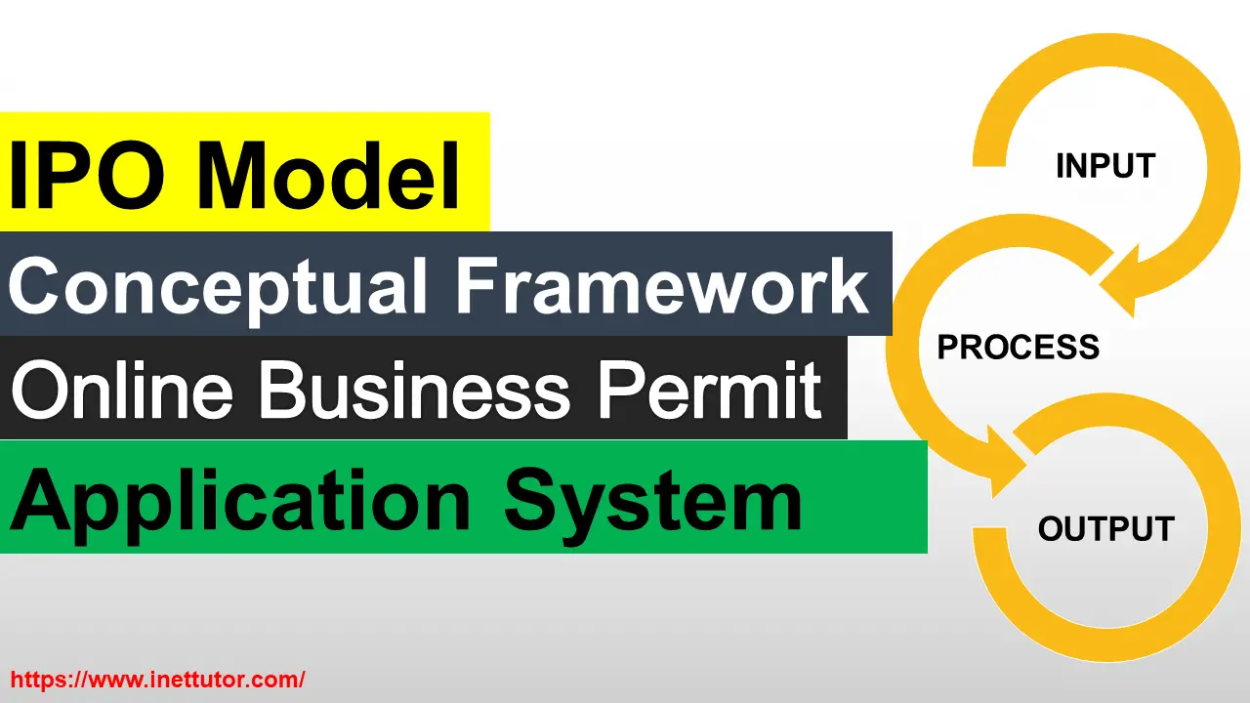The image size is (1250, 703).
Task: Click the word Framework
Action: (662, 285)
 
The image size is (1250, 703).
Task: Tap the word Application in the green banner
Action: (239, 500)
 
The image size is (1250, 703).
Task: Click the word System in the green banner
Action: (652, 500)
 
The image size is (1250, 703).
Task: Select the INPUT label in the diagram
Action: (1104, 166)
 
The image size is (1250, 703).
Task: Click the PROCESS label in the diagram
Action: (1018, 347)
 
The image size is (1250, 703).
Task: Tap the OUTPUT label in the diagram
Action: (1105, 529)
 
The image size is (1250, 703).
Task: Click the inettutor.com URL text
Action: (157, 680)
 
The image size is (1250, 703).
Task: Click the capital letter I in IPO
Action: (21, 176)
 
